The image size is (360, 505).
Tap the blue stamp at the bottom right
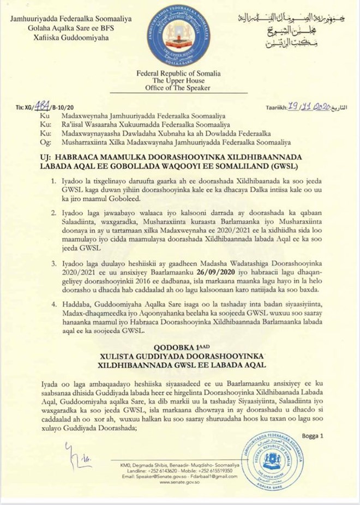tap(274, 460)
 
